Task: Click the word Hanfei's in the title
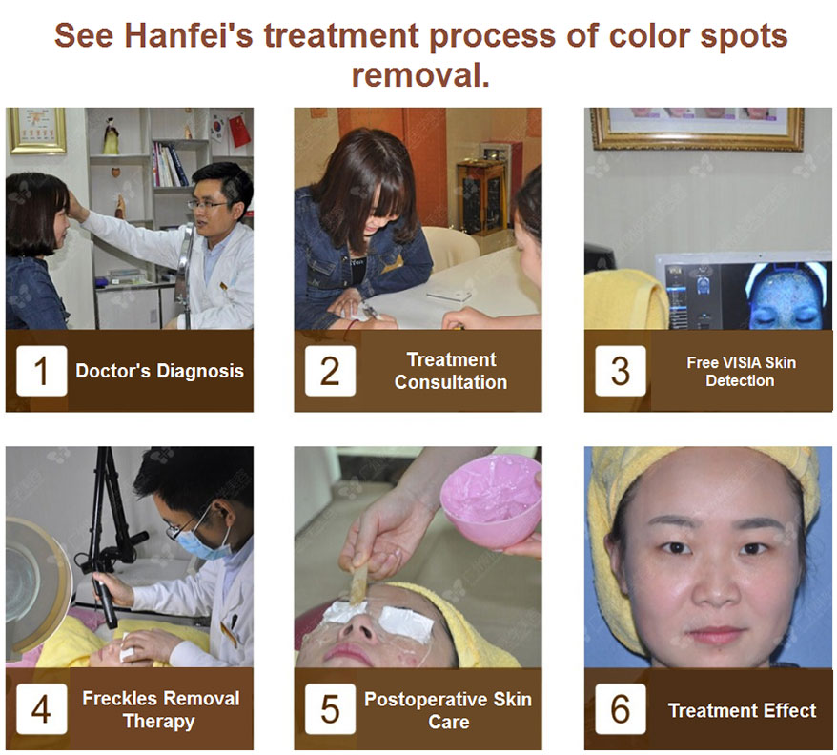[x=189, y=36]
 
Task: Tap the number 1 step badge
[x=42, y=371]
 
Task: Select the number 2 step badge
[x=330, y=371]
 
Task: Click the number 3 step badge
[x=621, y=371]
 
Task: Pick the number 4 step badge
[x=42, y=709]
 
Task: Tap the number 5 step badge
[x=330, y=709]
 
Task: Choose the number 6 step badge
[x=621, y=709]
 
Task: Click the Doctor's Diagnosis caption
[x=159, y=371]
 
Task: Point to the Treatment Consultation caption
[x=451, y=371]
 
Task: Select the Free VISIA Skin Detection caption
[x=741, y=372]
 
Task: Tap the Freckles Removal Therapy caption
[x=160, y=709]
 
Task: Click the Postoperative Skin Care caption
[x=448, y=710]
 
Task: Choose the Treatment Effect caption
[x=742, y=711]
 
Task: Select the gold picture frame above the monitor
[x=697, y=129]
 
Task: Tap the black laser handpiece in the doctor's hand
[x=105, y=602]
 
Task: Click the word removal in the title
[x=420, y=75]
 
